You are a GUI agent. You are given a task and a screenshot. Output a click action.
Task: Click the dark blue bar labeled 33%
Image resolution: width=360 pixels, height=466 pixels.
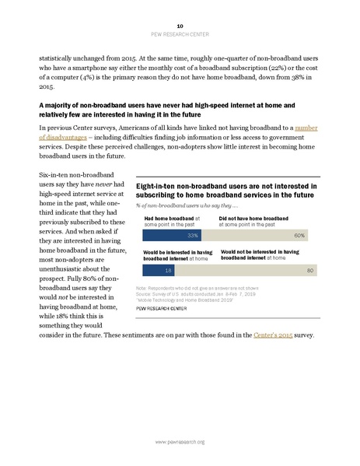coord(170,234)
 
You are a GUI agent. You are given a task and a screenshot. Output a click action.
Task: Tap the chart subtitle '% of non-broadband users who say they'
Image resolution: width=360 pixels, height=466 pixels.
coord(187,205)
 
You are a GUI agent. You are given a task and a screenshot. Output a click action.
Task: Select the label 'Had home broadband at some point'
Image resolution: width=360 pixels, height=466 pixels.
coord(171,221)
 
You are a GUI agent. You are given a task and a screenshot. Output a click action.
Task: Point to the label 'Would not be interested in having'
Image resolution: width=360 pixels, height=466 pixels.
coord(260,256)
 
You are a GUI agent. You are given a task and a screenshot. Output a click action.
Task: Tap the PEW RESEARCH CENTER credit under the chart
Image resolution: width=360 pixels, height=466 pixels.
coord(165,308)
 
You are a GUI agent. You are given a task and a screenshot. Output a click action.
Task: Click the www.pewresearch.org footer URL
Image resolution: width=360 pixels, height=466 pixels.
coord(180,442)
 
